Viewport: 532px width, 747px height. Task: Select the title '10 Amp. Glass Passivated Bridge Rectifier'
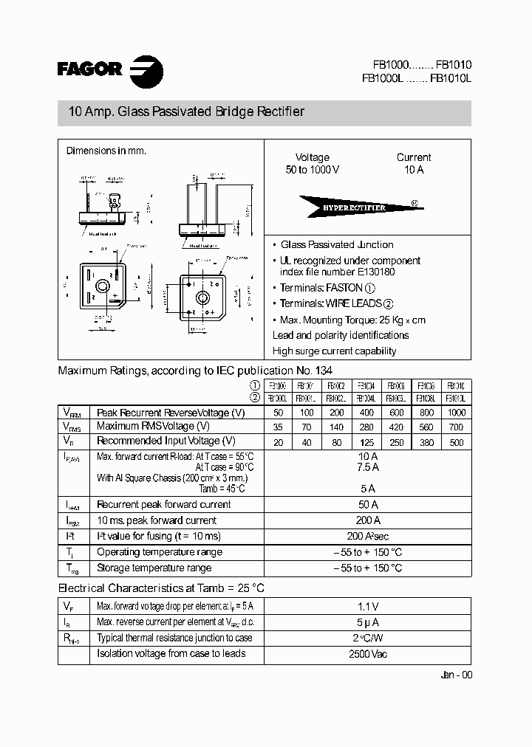click(186, 112)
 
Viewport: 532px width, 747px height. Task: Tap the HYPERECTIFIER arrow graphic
click(355, 207)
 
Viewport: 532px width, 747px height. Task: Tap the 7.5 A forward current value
click(367, 467)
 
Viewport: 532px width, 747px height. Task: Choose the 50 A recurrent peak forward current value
click(367, 505)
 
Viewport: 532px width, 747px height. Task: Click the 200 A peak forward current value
click(367, 520)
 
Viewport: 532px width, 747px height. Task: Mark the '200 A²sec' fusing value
click(367, 537)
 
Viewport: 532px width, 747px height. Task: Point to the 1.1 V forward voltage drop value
click(367, 606)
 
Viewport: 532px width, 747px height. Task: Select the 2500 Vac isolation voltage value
click(367, 654)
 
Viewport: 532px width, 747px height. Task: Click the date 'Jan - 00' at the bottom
click(455, 675)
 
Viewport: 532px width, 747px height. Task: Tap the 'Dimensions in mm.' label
click(106, 151)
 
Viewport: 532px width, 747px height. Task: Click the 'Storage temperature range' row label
click(154, 568)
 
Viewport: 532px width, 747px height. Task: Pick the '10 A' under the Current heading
click(414, 170)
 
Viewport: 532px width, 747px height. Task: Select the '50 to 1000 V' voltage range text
click(313, 170)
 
